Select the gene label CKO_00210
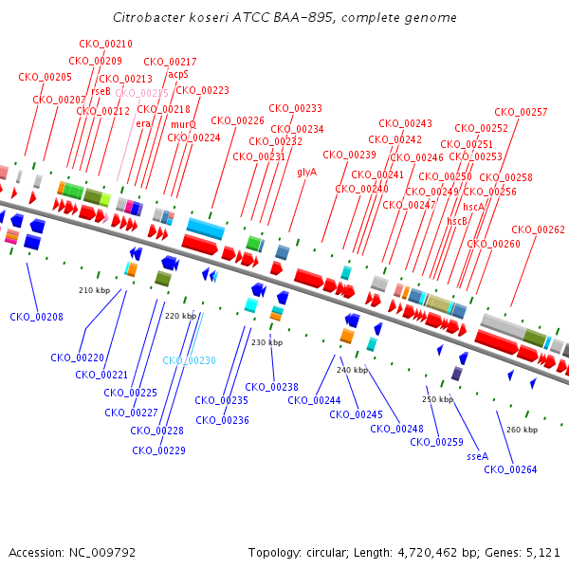point(105,45)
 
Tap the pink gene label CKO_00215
point(141,94)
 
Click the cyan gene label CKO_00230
point(189,361)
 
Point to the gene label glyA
point(306,173)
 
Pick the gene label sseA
point(477,456)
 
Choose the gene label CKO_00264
point(510,470)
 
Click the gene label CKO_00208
point(36,317)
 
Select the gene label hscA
point(473,207)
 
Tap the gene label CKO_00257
point(521,113)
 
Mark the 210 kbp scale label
point(93,290)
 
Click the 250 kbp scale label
point(437,399)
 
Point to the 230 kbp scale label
point(266,342)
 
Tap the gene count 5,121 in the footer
point(541,552)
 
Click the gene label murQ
point(183,124)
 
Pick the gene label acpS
point(178,74)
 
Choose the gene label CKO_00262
point(538,229)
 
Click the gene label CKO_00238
point(271,387)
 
